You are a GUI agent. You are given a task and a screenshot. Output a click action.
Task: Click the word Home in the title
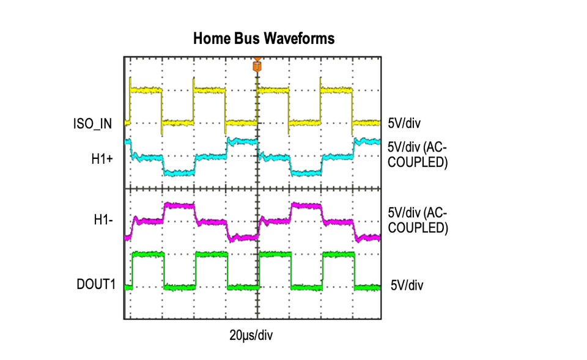pos(212,38)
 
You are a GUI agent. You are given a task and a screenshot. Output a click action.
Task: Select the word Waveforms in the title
pos(299,38)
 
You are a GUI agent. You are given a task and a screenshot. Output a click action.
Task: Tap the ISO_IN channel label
pos(92,124)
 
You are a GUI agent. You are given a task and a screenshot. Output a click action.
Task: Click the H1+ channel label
pos(102,159)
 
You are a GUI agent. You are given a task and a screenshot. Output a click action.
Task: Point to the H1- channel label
pos(103,219)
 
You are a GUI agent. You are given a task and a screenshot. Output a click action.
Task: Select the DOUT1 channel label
pos(96,284)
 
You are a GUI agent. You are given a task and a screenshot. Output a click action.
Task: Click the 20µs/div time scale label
pos(251,336)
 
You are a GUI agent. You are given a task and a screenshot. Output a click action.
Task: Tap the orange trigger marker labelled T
pos(257,66)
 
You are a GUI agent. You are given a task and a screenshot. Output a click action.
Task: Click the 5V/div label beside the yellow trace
pos(404,123)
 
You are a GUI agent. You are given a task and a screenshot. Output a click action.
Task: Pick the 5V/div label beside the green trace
pos(407,285)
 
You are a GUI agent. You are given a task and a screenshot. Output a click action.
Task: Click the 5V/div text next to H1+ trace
pos(404,147)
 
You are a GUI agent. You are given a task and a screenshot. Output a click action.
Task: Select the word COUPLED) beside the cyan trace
pos(418,162)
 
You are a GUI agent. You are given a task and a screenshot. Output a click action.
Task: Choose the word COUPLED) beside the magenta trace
pos(418,227)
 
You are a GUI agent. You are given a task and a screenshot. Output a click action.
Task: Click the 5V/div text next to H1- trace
pos(404,213)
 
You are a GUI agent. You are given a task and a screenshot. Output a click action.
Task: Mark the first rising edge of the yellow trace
pos(130,100)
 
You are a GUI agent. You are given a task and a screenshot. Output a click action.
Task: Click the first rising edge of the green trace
pos(133,271)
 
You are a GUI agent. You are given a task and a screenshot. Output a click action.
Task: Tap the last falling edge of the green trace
pos(355,271)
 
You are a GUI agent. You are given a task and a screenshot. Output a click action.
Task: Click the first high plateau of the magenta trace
pos(180,205)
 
